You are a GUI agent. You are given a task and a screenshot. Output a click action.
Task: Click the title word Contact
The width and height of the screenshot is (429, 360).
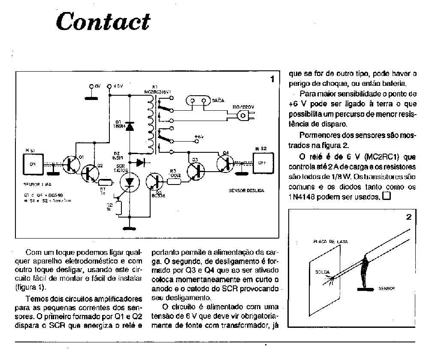103,21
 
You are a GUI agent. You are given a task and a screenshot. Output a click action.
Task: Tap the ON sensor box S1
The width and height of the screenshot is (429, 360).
33,164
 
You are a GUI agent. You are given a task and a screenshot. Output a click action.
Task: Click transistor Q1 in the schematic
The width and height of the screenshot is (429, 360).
71,163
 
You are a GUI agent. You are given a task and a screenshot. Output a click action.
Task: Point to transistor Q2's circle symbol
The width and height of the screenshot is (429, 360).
91,172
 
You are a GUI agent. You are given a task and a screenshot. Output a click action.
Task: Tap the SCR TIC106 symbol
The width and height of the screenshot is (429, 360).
128,182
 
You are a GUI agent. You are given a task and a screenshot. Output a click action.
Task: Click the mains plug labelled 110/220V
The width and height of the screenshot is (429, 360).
245,115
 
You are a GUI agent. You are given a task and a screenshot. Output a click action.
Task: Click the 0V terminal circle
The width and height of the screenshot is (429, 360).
91,86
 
